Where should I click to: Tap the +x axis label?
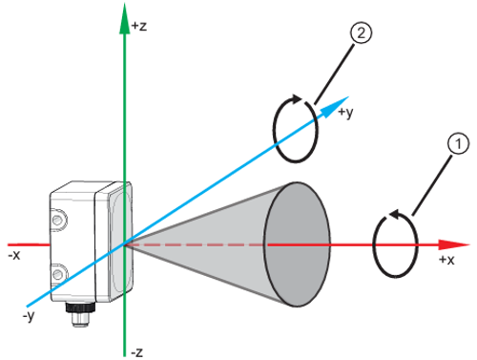tap(446, 260)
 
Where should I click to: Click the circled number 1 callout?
tap(458, 144)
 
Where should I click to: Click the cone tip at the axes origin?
tap(127, 244)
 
